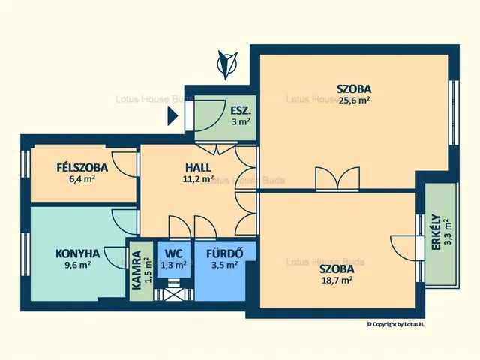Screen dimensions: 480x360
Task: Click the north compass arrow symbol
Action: point(227,65)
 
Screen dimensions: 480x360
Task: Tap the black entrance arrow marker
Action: point(172,116)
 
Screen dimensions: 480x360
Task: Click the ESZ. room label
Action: point(241,110)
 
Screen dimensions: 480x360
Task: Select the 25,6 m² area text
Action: point(354,100)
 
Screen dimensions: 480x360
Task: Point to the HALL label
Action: point(198,168)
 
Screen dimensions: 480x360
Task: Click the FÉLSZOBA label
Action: point(82,168)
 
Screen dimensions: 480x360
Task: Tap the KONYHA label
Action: point(78,253)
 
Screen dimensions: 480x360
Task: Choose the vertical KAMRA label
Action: point(136,270)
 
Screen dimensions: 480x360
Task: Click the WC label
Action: point(173,253)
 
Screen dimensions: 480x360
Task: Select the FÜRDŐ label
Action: point(225,253)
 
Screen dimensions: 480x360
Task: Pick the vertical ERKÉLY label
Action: point(436,232)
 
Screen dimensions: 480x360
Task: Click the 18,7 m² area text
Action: point(337,280)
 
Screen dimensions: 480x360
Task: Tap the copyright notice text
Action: point(395,324)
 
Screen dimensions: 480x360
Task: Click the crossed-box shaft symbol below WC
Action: point(173,294)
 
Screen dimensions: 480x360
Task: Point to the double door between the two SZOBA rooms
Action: point(337,178)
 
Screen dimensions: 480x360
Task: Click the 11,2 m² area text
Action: point(198,179)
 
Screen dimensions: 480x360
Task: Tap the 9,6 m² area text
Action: point(77,265)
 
